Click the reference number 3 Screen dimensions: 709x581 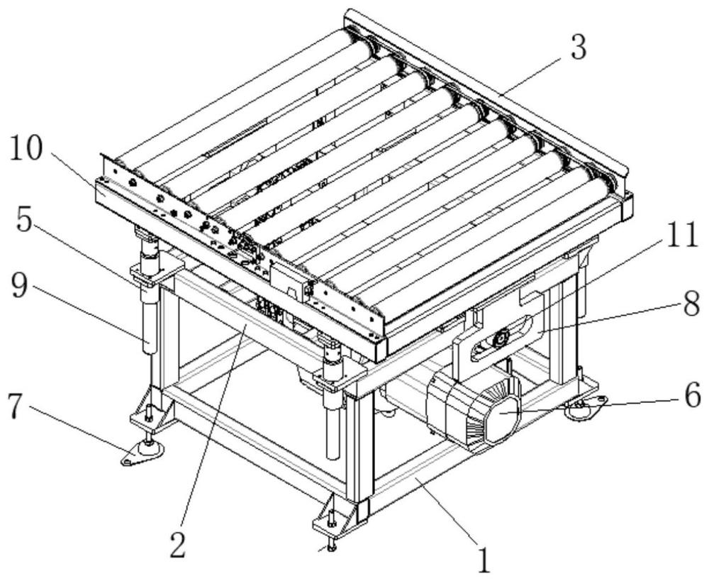(x=578, y=48)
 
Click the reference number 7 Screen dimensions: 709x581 (x=16, y=407)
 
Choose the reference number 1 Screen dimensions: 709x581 (x=484, y=560)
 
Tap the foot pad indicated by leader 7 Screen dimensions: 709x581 (x=143, y=453)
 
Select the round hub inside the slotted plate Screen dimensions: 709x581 (x=501, y=338)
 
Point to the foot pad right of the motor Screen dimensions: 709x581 (x=584, y=406)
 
